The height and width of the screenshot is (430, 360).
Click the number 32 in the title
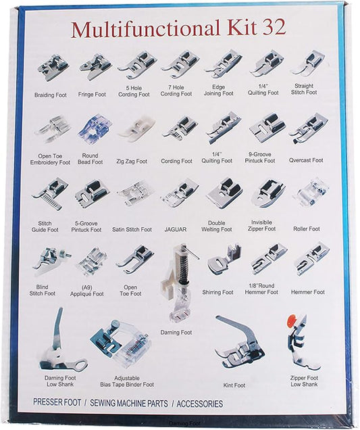pos(270,28)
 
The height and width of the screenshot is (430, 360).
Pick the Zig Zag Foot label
pos(132,162)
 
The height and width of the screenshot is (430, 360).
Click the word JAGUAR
pos(175,229)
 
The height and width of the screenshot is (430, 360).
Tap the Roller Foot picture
pos(310,193)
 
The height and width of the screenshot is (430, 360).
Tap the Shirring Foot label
pos(217,292)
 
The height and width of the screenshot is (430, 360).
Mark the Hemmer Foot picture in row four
pos(311,260)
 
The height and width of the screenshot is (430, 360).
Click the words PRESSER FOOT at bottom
pos(57,403)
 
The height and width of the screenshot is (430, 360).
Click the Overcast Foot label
pos(307,161)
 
